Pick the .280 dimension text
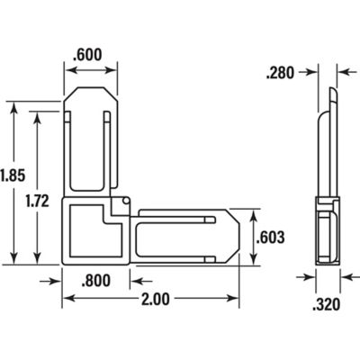coord(281,72)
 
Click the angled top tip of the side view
coord(332,96)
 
